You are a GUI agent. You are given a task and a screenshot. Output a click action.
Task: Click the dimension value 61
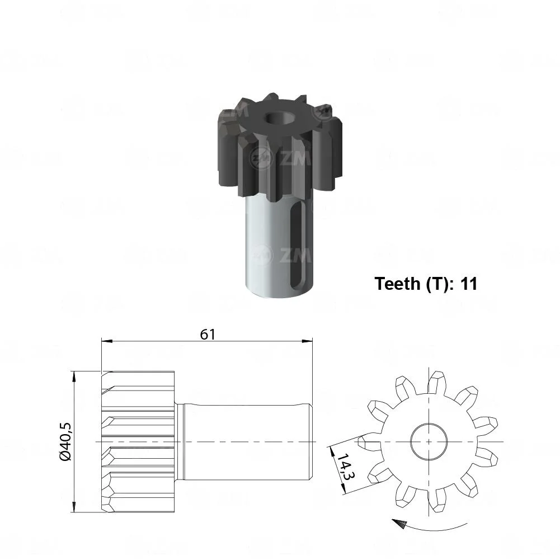(208, 335)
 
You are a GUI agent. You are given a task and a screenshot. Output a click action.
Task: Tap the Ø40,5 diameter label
(65, 442)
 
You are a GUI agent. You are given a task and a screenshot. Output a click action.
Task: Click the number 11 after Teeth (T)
(468, 284)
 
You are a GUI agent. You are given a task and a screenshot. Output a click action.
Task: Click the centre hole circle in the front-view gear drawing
(428, 442)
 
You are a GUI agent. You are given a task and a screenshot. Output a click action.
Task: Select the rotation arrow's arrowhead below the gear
(399, 524)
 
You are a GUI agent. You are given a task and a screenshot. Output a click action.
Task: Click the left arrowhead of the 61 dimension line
(107, 341)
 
